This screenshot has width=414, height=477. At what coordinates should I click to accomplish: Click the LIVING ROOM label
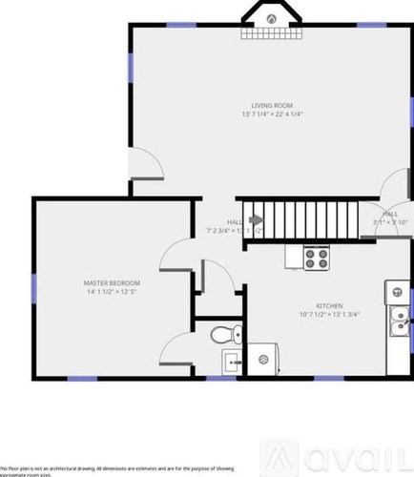pyautogui.click(x=272, y=104)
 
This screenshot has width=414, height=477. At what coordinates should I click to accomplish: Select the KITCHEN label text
pyautogui.click(x=328, y=306)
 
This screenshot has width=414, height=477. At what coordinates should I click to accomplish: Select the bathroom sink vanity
pyautogui.click(x=232, y=362)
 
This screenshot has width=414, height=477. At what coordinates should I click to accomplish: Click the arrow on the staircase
pyautogui.click(x=255, y=219)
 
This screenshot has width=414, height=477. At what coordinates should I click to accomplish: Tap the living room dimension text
pyautogui.click(x=272, y=114)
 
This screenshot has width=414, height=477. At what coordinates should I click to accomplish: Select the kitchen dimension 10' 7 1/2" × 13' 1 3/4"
pyautogui.click(x=328, y=316)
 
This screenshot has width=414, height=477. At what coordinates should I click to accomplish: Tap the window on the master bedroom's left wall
pyautogui.click(x=34, y=286)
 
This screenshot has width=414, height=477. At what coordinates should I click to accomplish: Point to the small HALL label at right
pyautogui.click(x=390, y=214)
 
